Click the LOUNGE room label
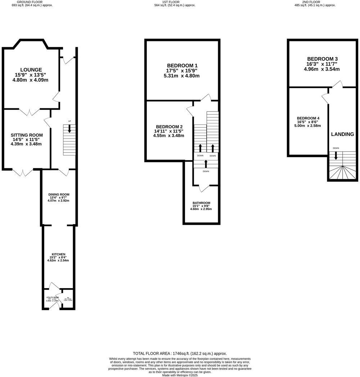coord(31,70)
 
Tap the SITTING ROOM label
coord(27,135)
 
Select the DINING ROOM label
coord(59,195)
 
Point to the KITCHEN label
coord(58,254)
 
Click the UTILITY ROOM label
coord(52,297)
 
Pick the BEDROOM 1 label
coord(182,65)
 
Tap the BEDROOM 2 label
coord(169,127)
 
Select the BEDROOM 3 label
coord(322,59)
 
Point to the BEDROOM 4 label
coord(308,118)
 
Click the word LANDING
coord(342,134)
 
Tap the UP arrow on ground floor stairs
coord(69,128)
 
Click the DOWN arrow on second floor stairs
coord(336,155)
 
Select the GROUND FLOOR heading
coord(32,2)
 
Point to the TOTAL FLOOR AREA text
coord(180,354)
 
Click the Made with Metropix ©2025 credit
coord(180,375)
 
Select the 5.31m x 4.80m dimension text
coord(181,76)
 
